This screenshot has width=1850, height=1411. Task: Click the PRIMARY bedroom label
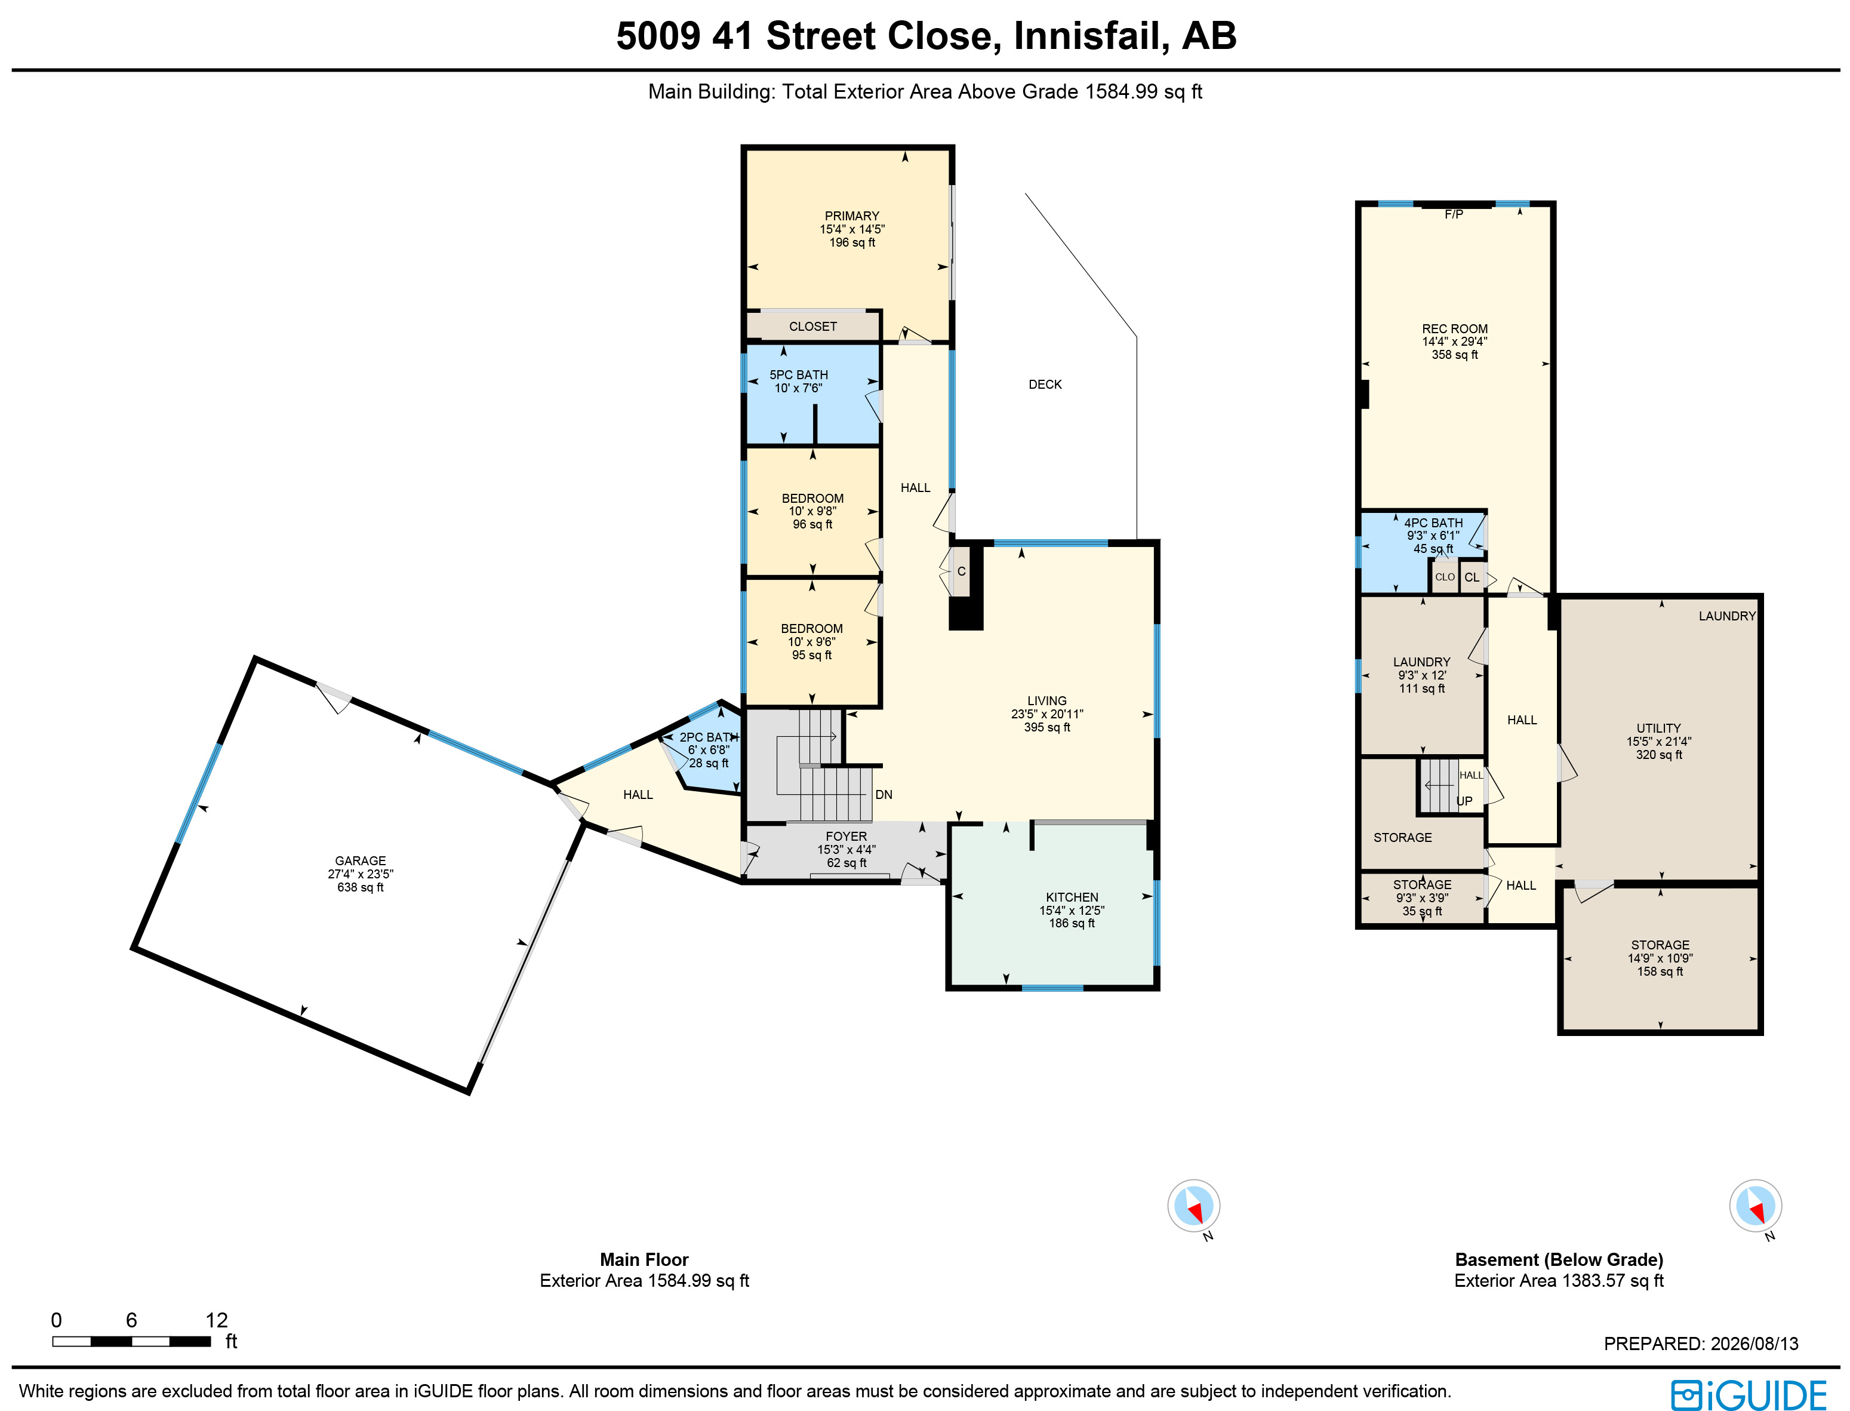[x=851, y=216]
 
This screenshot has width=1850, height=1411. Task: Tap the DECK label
[x=1045, y=385]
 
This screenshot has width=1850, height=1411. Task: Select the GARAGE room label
[x=360, y=861]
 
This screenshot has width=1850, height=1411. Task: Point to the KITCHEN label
[x=1072, y=897]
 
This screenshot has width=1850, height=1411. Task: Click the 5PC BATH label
[x=799, y=374]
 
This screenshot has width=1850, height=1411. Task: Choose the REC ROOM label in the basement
[x=1454, y=329]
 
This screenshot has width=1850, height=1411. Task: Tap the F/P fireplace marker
[x=1454, y=214]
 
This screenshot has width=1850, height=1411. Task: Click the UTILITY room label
[x=1658, y=728]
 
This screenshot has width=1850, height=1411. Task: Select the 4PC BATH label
[x=1433, y=522]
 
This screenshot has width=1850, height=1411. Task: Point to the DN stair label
[x=884, y=795]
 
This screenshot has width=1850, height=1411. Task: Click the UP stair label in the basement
[x=1464, y=801]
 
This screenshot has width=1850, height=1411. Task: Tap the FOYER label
[x=846, y=837]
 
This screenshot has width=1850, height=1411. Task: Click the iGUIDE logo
[x=1749, y=1395]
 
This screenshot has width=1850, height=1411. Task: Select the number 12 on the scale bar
[x=217, y=1320]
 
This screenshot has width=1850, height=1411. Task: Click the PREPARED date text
[x=1701, y=1344]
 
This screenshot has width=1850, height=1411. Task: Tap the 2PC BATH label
[x=709, y=737]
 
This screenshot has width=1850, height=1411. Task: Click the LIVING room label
[x=1047, y=700]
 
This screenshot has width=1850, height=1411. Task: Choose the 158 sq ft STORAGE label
[x=1660, y=945]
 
